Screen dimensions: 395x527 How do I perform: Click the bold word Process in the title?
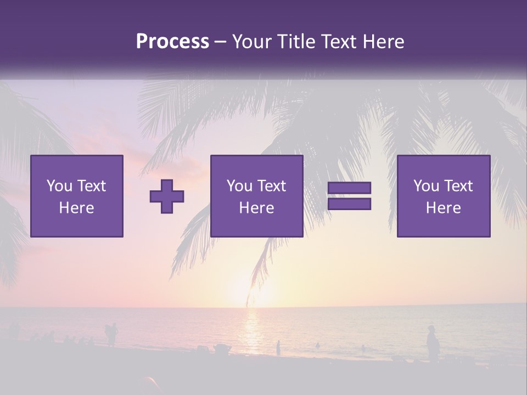[172, 42]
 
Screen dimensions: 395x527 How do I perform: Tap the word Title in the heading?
[296, 42]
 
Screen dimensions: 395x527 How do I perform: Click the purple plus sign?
[167, 196]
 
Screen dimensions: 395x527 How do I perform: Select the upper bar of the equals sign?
[349, 188]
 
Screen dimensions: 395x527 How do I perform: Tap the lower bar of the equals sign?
[349, 204]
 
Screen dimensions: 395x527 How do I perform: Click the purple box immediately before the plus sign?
[77, 196]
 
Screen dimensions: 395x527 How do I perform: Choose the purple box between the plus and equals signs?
[256, 196]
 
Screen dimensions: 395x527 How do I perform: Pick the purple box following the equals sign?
[444, 196]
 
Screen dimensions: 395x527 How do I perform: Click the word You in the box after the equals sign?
[426, 186]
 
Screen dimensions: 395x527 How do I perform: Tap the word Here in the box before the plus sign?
[77, 208]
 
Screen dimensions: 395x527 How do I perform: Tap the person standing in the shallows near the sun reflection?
[278, 348]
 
